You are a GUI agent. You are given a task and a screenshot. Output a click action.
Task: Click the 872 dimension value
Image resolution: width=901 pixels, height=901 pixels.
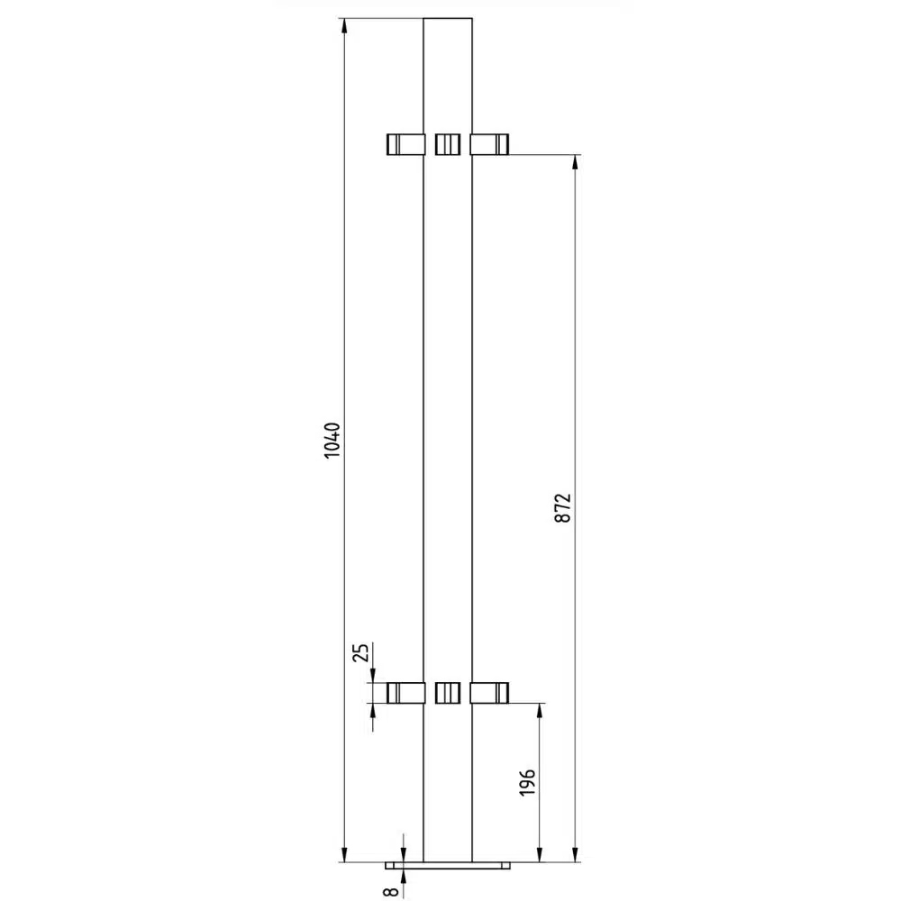564,509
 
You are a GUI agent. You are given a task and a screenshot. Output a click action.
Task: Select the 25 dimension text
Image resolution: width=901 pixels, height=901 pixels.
361,653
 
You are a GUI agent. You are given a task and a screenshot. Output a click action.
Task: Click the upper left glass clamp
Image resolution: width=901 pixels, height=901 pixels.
405,144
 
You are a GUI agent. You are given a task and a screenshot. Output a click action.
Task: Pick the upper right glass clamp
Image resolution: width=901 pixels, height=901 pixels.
489,144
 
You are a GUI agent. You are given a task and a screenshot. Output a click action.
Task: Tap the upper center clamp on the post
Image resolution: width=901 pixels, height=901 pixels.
447,144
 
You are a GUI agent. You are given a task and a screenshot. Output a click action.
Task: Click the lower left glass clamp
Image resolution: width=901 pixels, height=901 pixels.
405,692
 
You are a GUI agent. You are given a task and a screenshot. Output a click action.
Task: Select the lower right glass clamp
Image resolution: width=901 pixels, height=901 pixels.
489,692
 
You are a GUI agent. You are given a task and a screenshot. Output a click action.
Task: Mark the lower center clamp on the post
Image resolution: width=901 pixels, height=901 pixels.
447,692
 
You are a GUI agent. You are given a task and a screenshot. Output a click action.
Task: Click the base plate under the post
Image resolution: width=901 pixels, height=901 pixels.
447,865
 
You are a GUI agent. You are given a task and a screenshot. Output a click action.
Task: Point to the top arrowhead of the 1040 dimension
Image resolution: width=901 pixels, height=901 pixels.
344,26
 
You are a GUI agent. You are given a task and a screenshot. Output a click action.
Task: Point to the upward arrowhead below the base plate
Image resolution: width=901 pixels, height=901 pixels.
404,876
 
